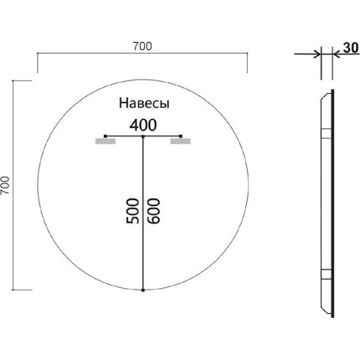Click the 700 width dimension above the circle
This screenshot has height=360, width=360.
click(x=141, y=45)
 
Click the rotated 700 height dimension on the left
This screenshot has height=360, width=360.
click(x=8, y=185)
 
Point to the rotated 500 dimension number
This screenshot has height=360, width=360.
click(x=131, y=210)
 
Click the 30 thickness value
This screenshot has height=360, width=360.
click(x=346, y=48)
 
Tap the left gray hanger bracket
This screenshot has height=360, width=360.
click(x=105, y=142)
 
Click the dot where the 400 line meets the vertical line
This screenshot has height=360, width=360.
click(x=143, y=136)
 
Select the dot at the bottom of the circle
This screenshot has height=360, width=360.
click(x=143, y=290)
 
